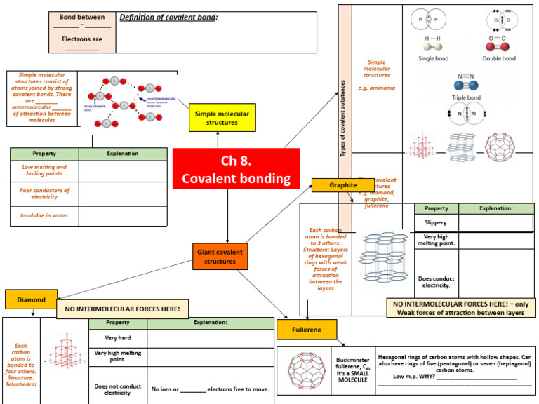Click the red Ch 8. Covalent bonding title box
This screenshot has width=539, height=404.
[236, 169]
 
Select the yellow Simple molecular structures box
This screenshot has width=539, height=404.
[217, 117]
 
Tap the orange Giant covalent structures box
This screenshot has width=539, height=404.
[220, 256]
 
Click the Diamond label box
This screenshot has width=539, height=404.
[31, 299]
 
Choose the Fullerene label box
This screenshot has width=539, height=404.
[307, 330]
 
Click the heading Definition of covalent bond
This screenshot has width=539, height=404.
[168, 17]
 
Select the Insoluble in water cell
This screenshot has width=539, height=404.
[44, 216]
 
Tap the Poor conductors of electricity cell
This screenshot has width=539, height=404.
[44, 194]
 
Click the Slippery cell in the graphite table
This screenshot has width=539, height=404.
[436, 222]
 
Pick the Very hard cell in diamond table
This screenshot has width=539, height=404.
[117, 337]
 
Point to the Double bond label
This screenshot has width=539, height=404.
[500, 58]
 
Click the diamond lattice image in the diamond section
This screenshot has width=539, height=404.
[65, 349]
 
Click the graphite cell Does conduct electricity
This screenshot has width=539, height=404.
[436, 282]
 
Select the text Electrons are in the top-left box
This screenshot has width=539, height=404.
[81, 39]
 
